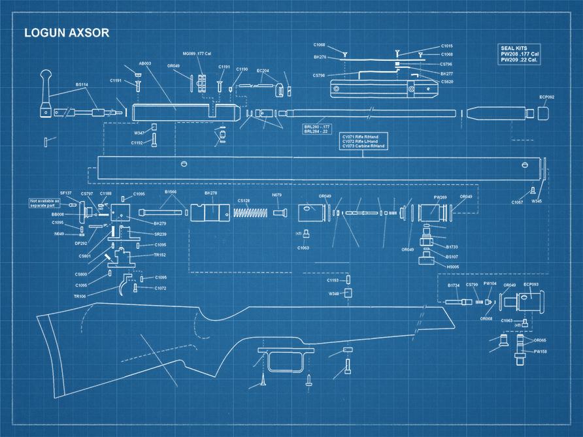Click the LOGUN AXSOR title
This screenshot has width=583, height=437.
click(x=67, y=33)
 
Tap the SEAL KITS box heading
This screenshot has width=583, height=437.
click(x=514, y=48)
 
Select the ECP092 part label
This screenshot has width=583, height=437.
click(x=547, y=97)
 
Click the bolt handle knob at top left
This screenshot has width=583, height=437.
click(x=47, y=80)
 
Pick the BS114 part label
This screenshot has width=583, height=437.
click(x=82, y=84)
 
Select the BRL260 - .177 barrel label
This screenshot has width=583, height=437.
click(x=317, y=126)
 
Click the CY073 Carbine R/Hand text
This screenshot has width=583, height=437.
click(x=364, y=146)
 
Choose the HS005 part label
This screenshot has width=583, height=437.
click(x=452, y=267)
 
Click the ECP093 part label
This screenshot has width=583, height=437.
click(x=531, y=285)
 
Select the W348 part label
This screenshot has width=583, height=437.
click(x=334, y=294)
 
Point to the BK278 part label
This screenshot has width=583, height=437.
click(x=211, y=193)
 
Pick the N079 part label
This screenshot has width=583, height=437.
click(x=277, y=195)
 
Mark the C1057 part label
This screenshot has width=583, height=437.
click(x=517, y=202)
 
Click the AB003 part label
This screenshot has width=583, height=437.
click(x=145, y=63)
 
